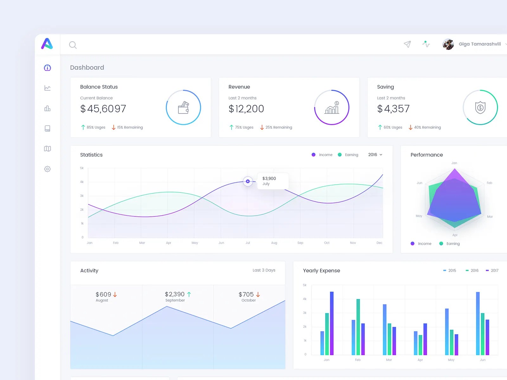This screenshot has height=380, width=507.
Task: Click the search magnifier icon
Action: [x=73, y=45]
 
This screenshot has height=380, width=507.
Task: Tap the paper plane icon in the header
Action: [x=407, y=44]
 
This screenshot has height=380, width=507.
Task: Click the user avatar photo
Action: [x=448, y=44]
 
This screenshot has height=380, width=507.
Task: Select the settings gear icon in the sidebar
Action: [x=48, y=169]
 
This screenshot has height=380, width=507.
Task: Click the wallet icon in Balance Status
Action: [x=183, y=108]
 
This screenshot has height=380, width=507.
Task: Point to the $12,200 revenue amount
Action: [x=246, y=109]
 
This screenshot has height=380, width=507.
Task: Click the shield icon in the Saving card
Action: [x=480, y=108]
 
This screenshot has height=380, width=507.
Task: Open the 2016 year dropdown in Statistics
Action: [x=375, y=155]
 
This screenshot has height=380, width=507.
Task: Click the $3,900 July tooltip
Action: [x=273, y=181]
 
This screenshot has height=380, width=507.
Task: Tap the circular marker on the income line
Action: [x=248, y=181]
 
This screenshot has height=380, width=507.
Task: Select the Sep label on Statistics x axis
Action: [x=300, y=243]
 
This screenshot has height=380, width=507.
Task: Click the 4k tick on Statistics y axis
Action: [x=82, y=182]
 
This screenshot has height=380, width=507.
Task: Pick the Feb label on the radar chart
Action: [x=489, y=183]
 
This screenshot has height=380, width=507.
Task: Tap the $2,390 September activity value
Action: [x=175, y=294]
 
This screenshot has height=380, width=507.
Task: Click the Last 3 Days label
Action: [x=264, y=270]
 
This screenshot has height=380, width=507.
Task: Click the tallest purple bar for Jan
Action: [x=332, y=323]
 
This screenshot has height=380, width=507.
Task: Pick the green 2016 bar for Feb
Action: [x=358, y=327]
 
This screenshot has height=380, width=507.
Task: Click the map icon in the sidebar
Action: [x=48, y=149]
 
